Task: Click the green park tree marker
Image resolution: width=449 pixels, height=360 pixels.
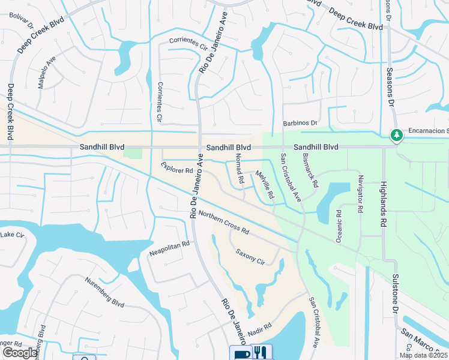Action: click(x=396, y=136)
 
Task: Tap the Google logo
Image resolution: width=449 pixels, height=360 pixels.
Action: click(x=20, y=353)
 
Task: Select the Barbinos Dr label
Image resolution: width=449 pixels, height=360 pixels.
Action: click(x=300, y=123)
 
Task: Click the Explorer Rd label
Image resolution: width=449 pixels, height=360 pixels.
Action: click(x=177, y=167)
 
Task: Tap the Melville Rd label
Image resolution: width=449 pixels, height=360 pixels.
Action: click(x=265, y=185)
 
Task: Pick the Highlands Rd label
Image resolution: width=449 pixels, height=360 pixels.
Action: click(x=382, y=203)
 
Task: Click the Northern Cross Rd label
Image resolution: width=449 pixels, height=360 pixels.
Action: click(x=224, y=222)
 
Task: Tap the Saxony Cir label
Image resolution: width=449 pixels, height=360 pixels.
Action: click(x=250, y=257)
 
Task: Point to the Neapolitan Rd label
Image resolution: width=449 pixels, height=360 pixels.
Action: click(x=169, y=249)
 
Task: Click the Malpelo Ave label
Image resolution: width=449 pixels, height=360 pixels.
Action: click(x=47, y=73)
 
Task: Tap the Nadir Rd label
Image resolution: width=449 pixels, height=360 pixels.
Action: click(x=260, y=329)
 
